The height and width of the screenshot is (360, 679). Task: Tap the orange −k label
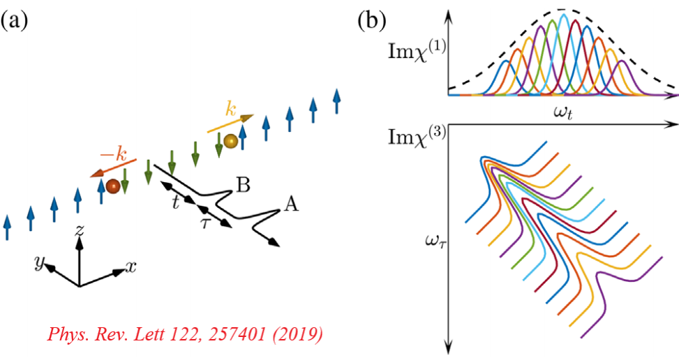(108, 153)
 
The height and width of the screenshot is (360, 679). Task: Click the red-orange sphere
(112, 186)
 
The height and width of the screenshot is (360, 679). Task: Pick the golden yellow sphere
(231, 142)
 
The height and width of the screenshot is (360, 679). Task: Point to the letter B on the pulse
(244, 185)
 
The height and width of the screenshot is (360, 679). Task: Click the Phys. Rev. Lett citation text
(185, 334)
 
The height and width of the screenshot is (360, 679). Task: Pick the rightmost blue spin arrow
(338, 99)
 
